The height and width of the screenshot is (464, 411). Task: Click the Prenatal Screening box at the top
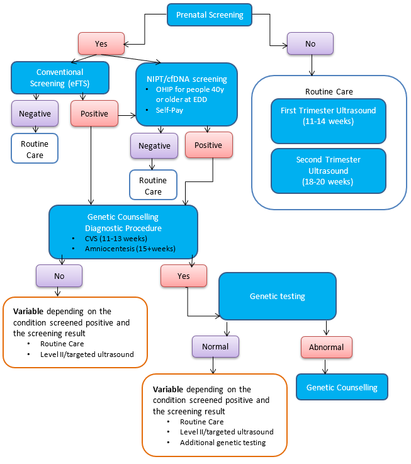210,14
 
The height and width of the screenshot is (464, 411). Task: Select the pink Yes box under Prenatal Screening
101,43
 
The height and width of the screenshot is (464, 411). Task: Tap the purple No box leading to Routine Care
310,43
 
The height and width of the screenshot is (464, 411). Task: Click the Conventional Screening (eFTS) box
60,77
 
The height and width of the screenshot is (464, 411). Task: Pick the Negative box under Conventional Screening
35,114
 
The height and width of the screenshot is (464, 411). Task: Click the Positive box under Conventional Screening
94,114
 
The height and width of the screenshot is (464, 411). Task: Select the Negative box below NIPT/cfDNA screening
154,145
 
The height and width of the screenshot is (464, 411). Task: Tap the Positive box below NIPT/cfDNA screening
208,145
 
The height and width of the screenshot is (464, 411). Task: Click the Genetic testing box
277,296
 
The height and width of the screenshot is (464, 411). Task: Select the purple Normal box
215,346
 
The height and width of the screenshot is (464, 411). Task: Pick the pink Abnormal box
326,347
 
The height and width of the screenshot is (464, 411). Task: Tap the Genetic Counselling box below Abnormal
342,387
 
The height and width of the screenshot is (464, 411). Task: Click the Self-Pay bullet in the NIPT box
171,110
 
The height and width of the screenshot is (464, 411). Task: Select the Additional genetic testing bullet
222,443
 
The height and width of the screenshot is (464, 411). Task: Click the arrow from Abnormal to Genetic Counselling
326,366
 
